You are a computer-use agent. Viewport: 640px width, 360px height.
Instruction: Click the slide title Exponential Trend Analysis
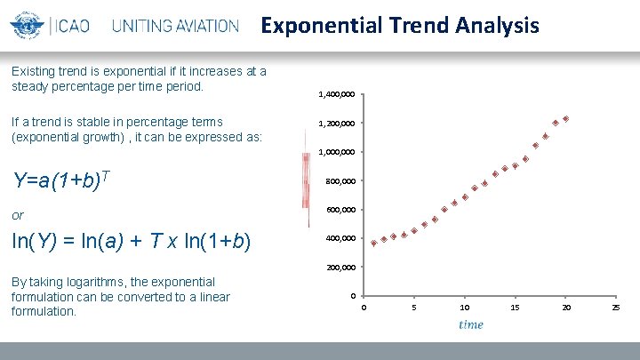[399, 25]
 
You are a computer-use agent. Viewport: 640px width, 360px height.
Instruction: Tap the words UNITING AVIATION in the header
[175, 26]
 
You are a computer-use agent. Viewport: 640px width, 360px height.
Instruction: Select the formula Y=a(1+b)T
[60, 180]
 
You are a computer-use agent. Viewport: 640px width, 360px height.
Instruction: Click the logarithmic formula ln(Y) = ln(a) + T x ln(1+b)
[131, 242]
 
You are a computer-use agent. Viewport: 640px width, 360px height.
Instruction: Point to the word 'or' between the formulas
[18, 215]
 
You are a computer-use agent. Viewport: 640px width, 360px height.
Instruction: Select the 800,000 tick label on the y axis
[340, 181]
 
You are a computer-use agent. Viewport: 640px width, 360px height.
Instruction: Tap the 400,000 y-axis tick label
[340, 239]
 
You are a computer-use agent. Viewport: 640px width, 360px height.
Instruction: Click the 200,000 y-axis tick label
[340, 268]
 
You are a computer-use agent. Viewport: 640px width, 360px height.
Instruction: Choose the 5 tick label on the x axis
[413, 308]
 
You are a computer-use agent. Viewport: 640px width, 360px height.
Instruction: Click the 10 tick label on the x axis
[464, 308]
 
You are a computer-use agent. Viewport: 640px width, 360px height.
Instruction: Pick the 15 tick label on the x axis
[515, 308]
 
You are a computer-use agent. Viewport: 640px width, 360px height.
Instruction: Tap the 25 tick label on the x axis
[616, 308]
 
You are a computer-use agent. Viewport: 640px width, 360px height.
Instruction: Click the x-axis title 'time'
[471, 324]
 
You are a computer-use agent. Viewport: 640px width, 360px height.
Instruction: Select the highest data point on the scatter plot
[565, 118]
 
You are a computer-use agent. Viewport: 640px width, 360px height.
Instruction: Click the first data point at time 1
[373, 242]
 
